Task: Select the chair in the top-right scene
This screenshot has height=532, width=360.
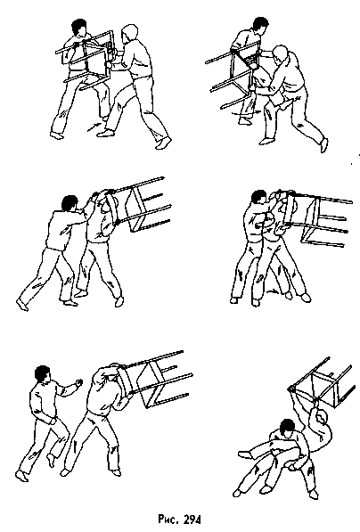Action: (236, 76)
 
